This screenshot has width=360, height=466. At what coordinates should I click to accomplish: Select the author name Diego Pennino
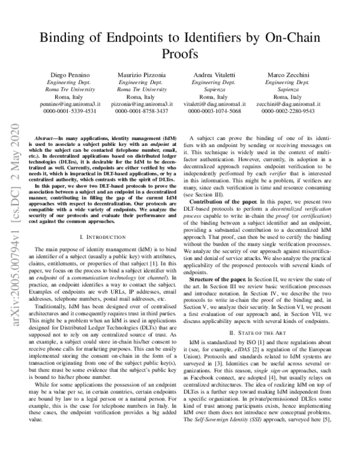point(67,73)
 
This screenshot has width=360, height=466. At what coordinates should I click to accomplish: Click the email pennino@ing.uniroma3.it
point(67,103)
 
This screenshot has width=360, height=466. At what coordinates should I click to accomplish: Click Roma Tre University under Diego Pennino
point(67,88)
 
